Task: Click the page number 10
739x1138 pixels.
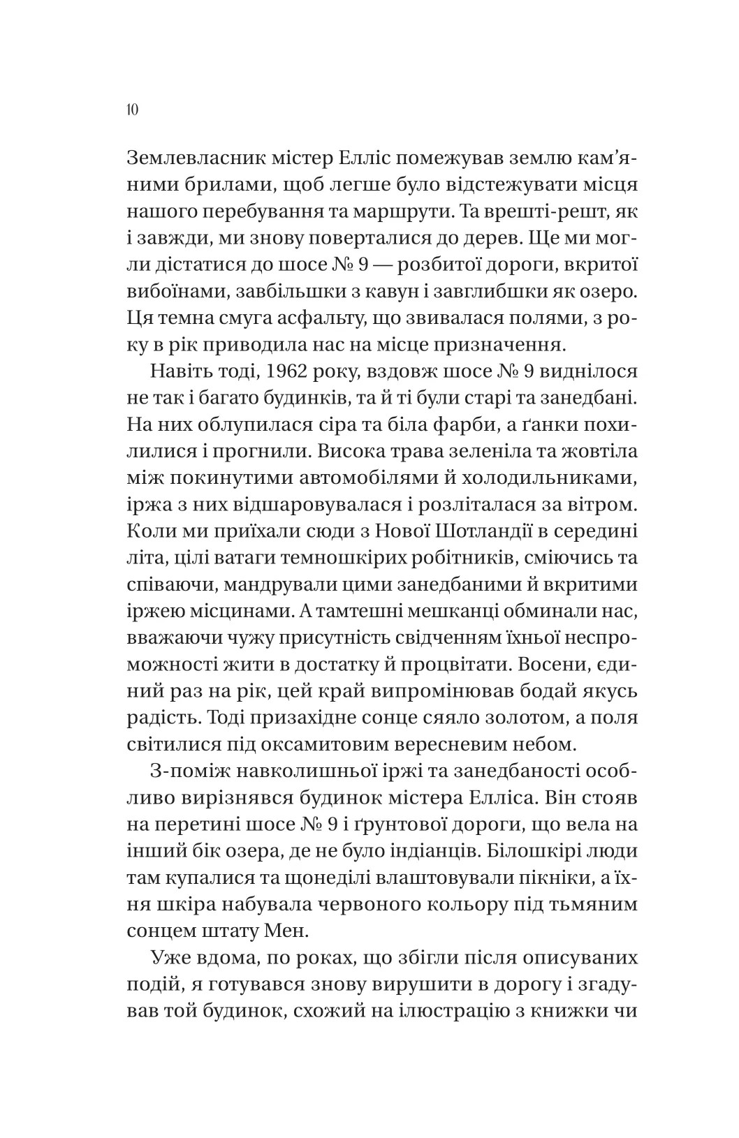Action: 132,110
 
